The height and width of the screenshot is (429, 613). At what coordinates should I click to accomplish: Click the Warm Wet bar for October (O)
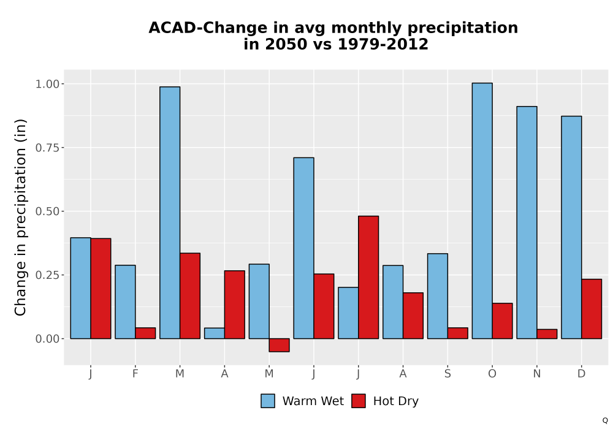pyautogui.click(x=482, y=211)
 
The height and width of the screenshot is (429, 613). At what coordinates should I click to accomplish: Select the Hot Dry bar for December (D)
pyautogui.click(x=592, y=309)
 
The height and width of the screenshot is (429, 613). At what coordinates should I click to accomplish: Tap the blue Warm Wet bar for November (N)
pyautogui.click(x=527, y=222)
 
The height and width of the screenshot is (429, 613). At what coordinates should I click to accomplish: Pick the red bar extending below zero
pyautogui.click(x=279, y=345)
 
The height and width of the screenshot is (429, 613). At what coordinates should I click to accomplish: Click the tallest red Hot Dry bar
pyautogui.click(x=368, y=277)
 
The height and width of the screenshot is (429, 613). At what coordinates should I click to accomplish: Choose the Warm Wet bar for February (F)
pyautogui.click(x=125, y=302)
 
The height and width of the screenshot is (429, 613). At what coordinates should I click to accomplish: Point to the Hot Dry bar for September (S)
pyautogui.click(x=457, y=333)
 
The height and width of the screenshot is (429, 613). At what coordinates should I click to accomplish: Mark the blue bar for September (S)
pyautogui.click(x=438, y=296)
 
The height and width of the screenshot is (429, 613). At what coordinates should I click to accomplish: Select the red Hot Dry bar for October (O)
pyautogui.click(x=503, y=321)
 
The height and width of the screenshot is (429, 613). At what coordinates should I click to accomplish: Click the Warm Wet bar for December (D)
pyautogui.click(x=571, y=227)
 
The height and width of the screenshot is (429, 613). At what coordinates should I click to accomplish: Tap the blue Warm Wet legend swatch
pyautogui.click(x=268, y=401)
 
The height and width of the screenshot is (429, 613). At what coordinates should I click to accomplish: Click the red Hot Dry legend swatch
pyautogui.click(x=359, y=401)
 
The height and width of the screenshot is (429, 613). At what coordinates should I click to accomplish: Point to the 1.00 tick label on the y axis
pyautogui.click(x=47, y=84)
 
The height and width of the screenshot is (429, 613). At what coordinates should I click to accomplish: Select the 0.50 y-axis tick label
pyautogui.click(x=47, y=211)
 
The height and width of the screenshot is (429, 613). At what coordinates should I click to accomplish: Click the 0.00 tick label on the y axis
pyautogui.click(x=47, y=339)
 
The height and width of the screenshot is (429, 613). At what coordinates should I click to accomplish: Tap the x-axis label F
pyautogui.click(x=135, y=374)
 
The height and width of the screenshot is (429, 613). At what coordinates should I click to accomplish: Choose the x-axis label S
pyautogui.click(x=447, y=374)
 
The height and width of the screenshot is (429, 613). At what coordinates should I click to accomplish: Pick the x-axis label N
pyautogui.click(x=537, y=374)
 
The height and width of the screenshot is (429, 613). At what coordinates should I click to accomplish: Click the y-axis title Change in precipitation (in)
pyautogui.click(x=20, y=217)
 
